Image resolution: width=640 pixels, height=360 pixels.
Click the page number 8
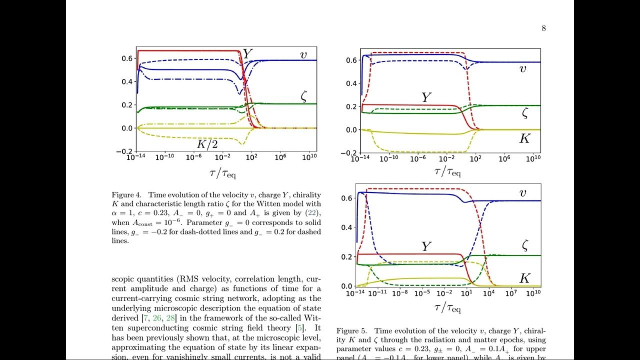click(x=543, y=28)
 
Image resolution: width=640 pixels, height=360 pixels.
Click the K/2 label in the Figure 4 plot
click(x=207, y=145)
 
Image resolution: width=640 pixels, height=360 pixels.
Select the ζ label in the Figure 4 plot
click(x=303, y=97)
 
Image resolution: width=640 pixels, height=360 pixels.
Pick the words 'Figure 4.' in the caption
click(x=126, y=195)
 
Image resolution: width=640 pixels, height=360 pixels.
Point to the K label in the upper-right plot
click(x=524, y=138)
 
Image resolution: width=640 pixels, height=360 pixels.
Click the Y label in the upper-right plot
click(x=425, y=97)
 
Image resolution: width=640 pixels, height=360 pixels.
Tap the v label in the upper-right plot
click(x=523, y=68)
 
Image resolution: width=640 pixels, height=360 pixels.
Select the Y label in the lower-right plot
click(x=425, y=246)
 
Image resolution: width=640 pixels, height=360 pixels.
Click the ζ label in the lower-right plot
click(x=525, y=246)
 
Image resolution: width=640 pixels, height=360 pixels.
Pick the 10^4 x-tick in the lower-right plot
click(x=488, y=292)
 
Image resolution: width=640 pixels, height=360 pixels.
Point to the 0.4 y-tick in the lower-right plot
click(x=347, y=227)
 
